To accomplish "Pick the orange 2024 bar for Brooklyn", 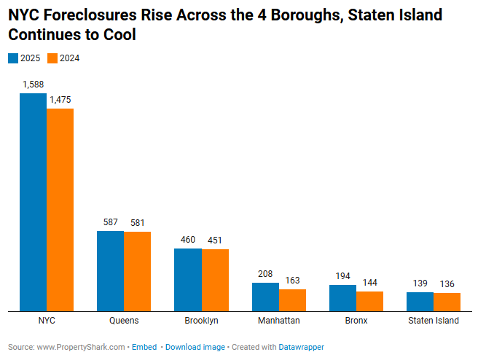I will click(215, 281).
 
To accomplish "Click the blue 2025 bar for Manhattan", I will click(265, 297).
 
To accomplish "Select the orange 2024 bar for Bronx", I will click(369, 302).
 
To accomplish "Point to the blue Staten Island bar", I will click(420, 302).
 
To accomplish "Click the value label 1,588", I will click(34, 85).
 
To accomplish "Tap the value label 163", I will click(291, 281).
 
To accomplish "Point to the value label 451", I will click(215, 240).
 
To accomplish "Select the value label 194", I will click(342, 276).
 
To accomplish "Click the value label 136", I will click(447, 284).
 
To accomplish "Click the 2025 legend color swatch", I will click(12, 58).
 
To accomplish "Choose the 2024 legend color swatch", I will click(52, 58).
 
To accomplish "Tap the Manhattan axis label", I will click(278, 321).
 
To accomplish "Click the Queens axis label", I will click(124, 321).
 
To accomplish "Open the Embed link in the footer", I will click(144, 347).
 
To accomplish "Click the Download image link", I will click(195, 347).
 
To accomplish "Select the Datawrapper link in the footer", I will click(301, 347).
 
